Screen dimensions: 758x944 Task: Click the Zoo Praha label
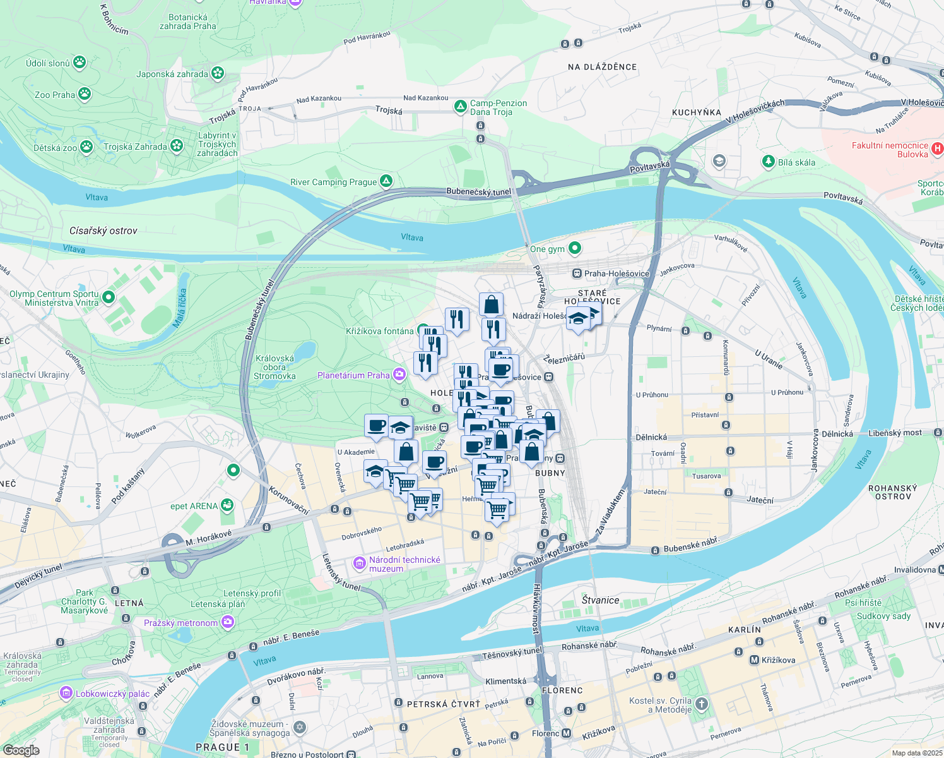tap(54, 95)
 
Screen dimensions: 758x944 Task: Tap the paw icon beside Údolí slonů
tap(80, 62)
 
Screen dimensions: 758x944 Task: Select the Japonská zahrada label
tap(172, 74)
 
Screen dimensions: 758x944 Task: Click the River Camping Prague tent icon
tap(386, 181)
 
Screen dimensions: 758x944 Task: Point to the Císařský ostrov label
tap(103, 231)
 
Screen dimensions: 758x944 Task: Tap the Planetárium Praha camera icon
tap(399, 375)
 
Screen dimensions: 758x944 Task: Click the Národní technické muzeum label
tap(404, 564)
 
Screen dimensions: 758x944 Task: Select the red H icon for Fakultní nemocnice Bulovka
tap(938, 149)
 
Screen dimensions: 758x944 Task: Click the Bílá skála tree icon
tap(768, 162)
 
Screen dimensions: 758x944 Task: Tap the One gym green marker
tap(574, 248)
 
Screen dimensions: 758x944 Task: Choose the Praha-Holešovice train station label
tap(617, 274)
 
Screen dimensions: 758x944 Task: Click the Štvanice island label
tap(600, 600)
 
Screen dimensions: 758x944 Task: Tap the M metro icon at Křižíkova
tap(753, 660)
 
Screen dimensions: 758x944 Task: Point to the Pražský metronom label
tap(180, 623)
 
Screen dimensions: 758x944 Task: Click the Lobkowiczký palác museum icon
tap(66, 693)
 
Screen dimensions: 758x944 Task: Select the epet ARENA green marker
tap(227, 505)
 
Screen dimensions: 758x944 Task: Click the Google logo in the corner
tap(21, 750)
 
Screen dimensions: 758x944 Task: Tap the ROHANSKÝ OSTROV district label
tap(892, 492)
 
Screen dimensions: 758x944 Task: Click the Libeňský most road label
tap(895, 433)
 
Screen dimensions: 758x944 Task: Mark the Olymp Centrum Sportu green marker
tap(108, 297)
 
